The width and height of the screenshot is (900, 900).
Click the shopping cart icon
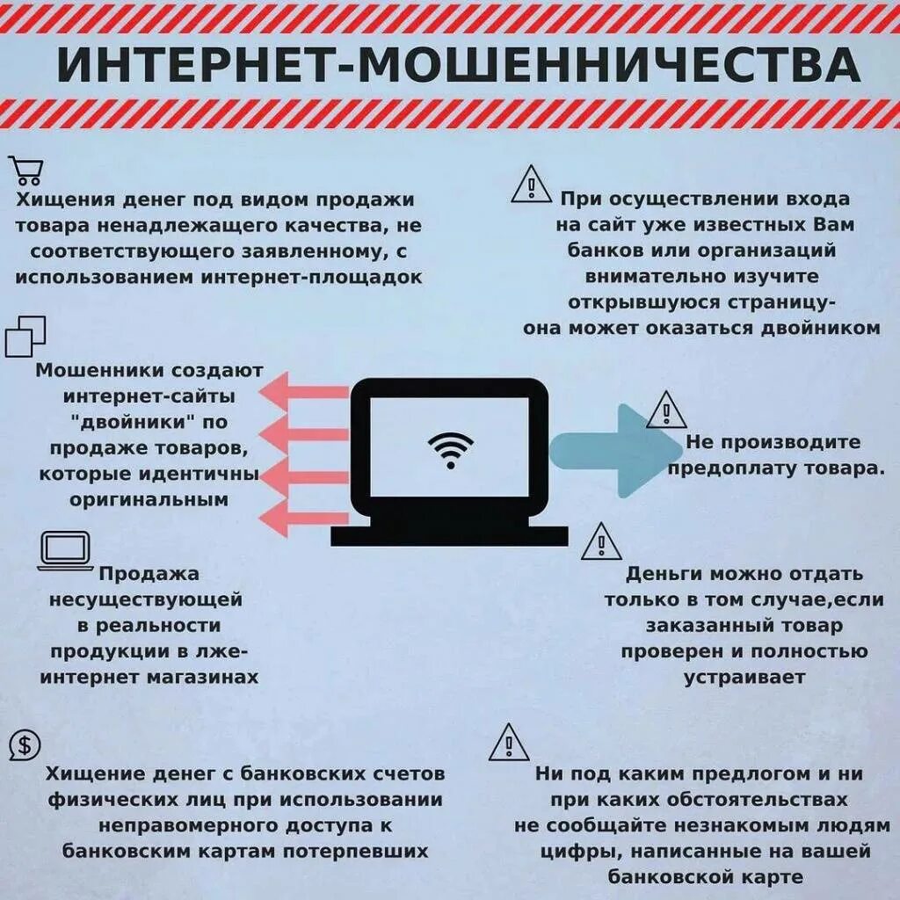point(25,170)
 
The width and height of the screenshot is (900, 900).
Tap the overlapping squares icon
point(25,337)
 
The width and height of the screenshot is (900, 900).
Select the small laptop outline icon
point(66,551)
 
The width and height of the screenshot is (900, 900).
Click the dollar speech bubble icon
point(25,746)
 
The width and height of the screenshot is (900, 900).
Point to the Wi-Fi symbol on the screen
point(450,451)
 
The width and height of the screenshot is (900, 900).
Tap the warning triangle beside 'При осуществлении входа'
point(532,185)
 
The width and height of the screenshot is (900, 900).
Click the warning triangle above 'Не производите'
point(666,410)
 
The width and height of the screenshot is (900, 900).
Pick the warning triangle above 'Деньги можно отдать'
point(601,542)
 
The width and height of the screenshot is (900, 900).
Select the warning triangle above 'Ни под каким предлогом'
point(509,744)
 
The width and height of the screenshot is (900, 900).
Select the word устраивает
point(744,678)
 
